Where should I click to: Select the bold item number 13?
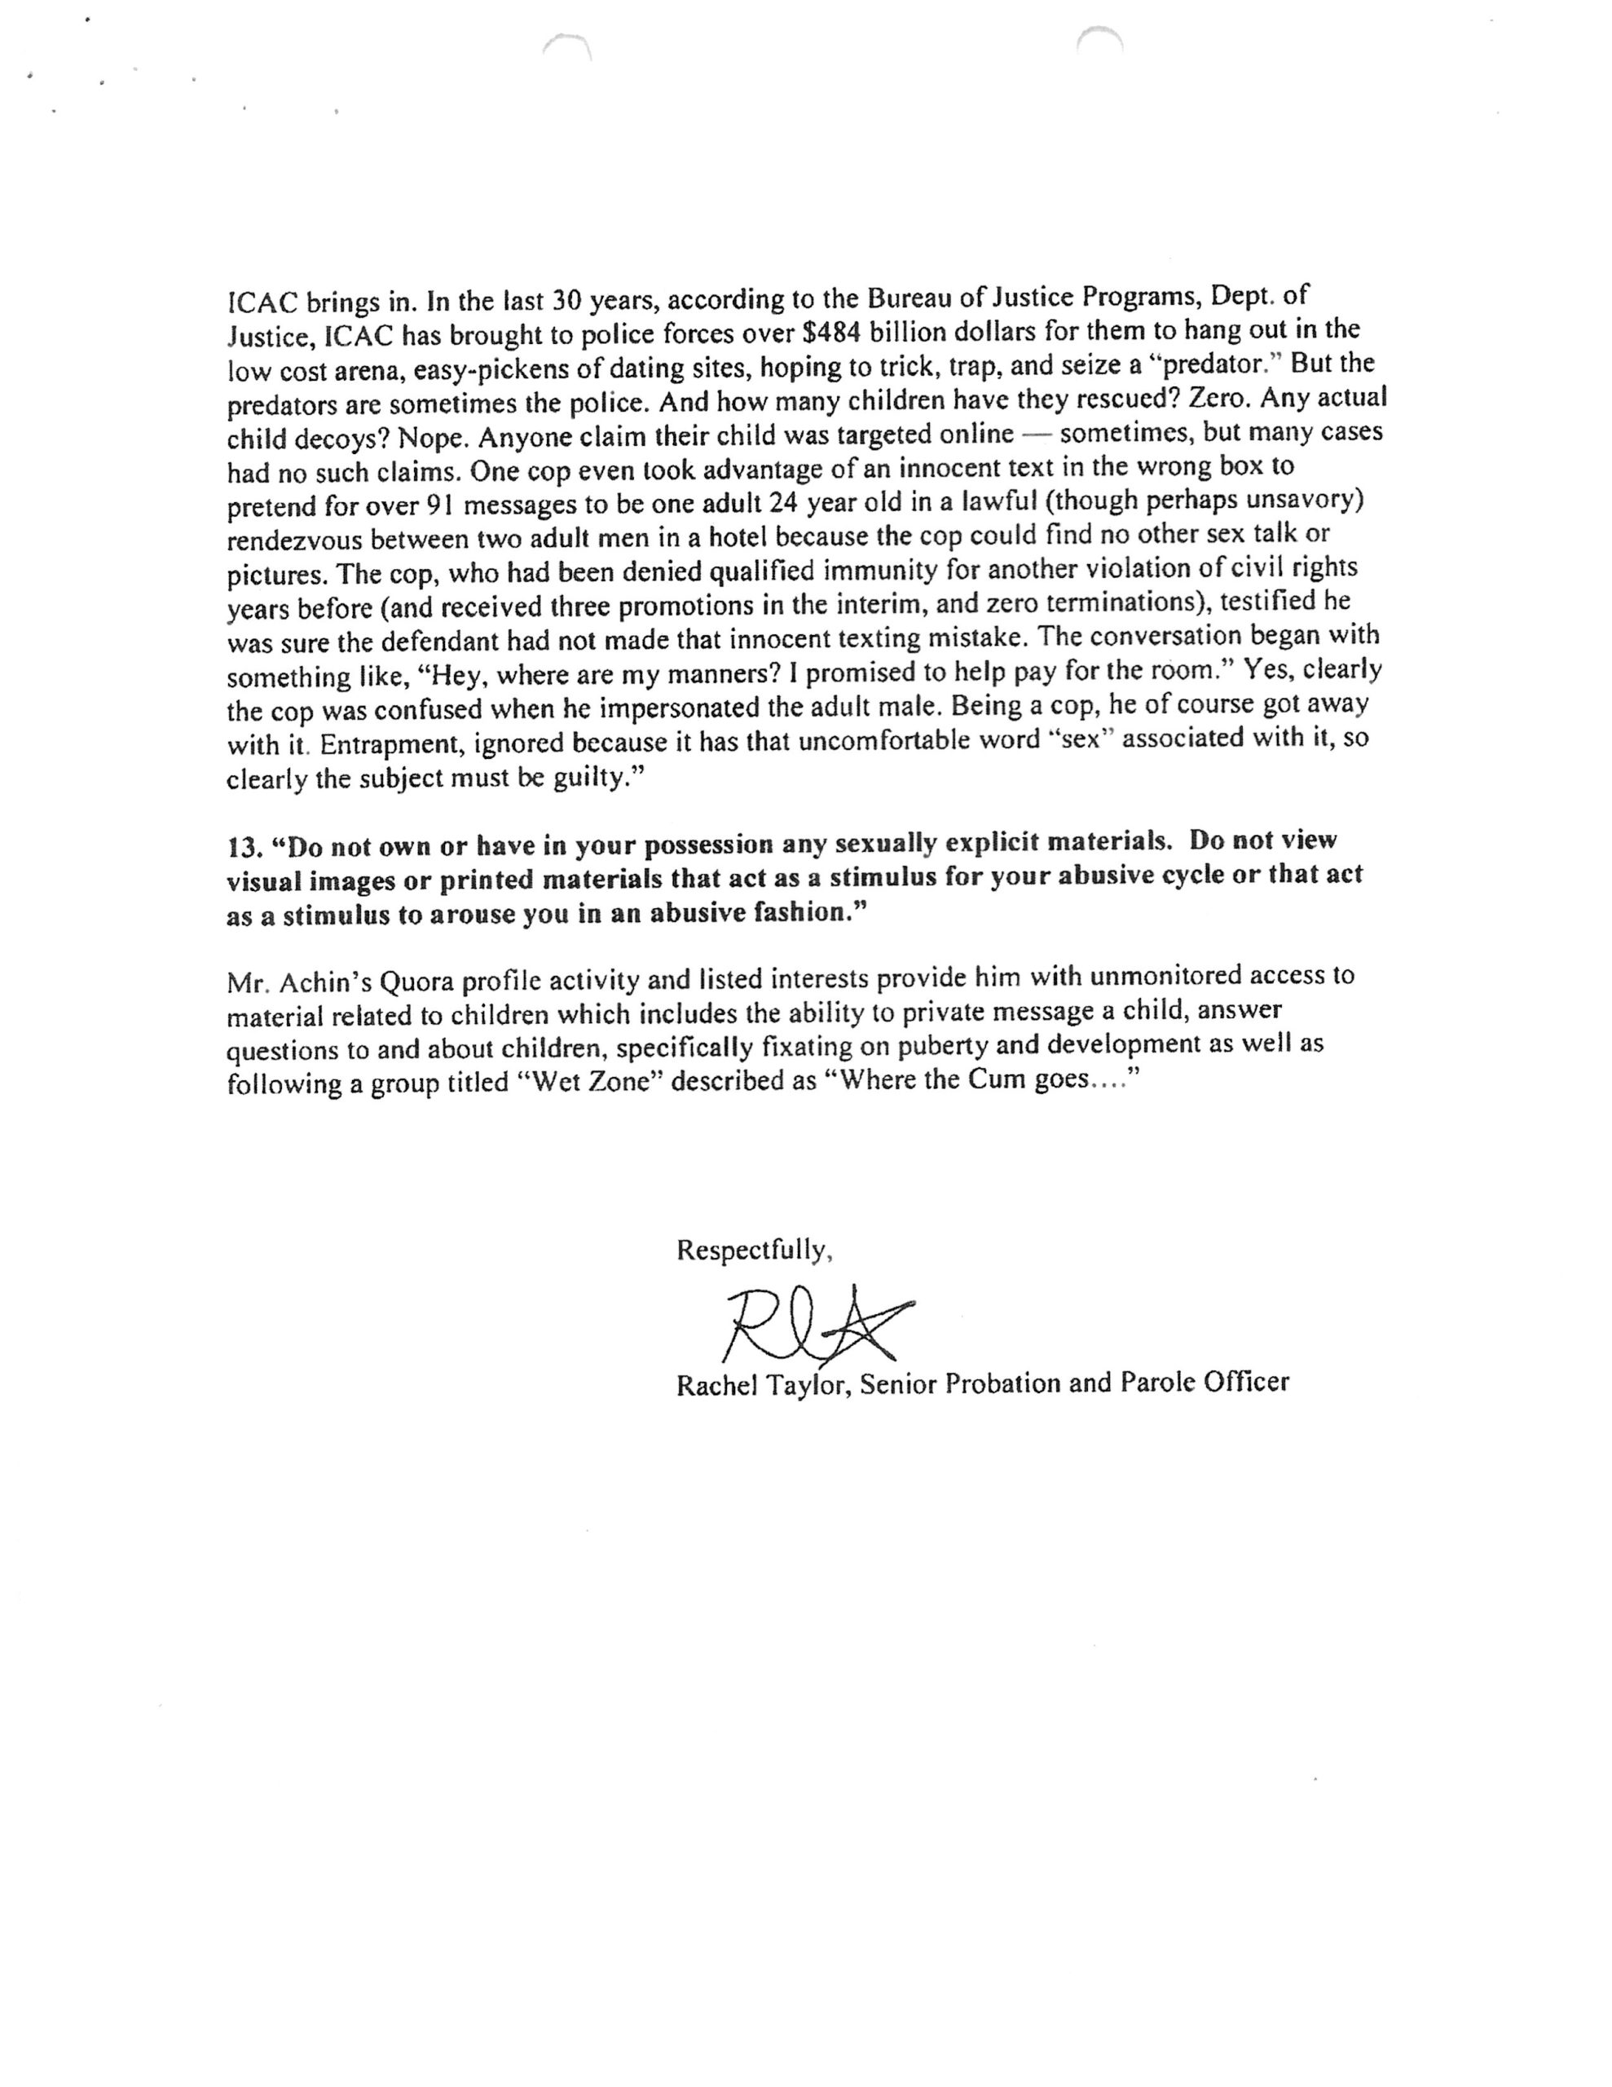coord(243,847)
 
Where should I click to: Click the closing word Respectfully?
coord(754,1251)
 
